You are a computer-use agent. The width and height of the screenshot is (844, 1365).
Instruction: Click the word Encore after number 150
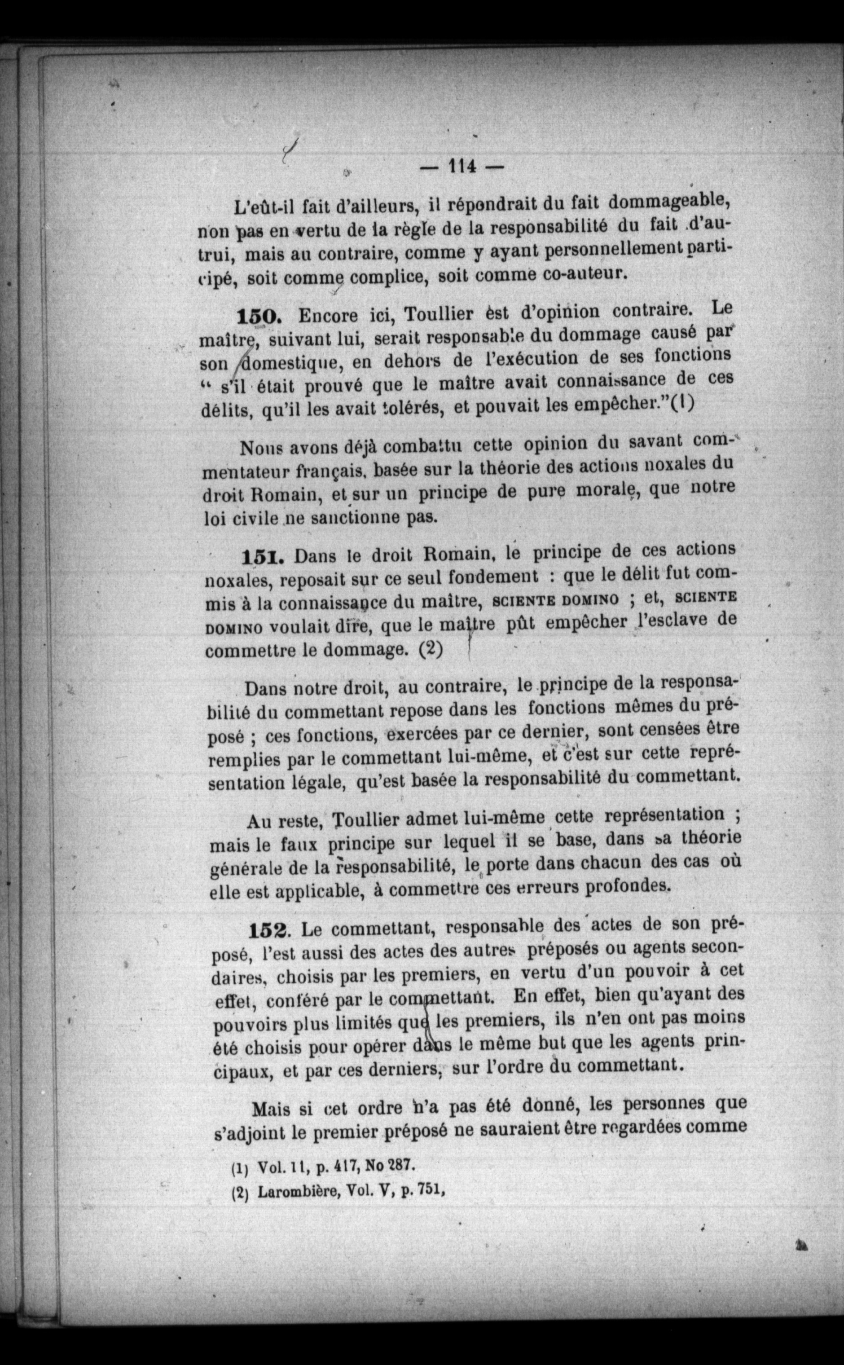[x=327, y=316]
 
